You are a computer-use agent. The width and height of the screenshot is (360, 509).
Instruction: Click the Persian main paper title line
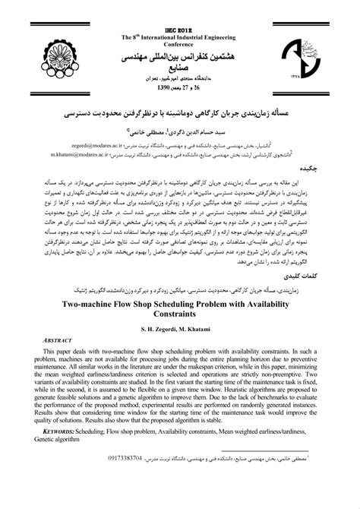(x=180, y=112)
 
